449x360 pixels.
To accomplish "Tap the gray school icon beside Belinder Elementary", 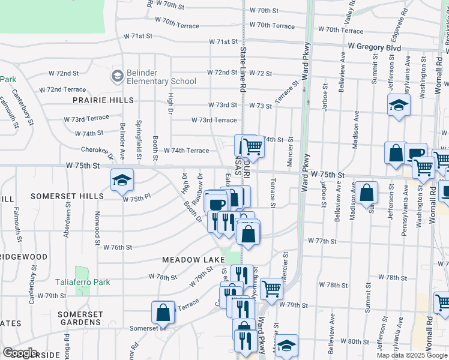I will coord(117,76).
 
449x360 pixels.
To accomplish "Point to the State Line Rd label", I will coord(243,79).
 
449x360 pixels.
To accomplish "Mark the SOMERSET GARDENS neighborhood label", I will coord(85,319).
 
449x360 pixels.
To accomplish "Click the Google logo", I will coord(20,353).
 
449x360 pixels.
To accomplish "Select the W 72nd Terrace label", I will coord(62,89).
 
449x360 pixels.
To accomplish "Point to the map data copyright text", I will coord(412,355).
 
